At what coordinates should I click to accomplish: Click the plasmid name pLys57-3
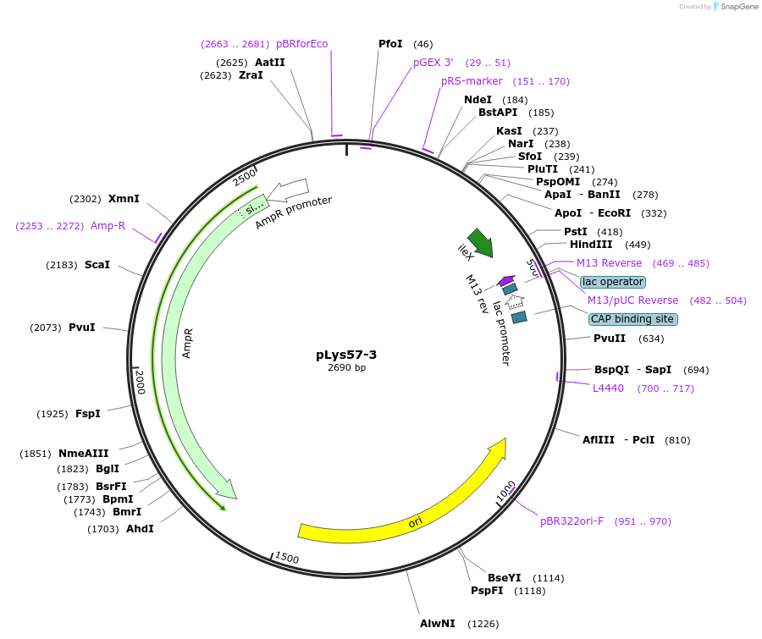(347, 354)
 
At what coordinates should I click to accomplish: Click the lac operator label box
(613, 281)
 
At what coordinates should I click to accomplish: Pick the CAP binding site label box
(633, 319)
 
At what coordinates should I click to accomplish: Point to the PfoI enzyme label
(390, 43)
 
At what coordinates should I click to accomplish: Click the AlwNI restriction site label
(438, 624)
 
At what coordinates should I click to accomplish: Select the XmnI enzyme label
(124, 199)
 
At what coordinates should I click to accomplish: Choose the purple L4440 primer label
(608, 388)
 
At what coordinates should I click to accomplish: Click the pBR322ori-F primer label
(572, 521)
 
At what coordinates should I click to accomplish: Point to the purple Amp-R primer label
(108, 226)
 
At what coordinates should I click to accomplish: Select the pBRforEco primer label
(302, 44)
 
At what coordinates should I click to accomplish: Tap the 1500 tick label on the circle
(287, 558)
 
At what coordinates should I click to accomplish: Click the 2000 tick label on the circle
(141, 382)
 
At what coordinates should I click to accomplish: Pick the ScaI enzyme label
(97, 265)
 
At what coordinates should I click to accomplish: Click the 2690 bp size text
(347, 367)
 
